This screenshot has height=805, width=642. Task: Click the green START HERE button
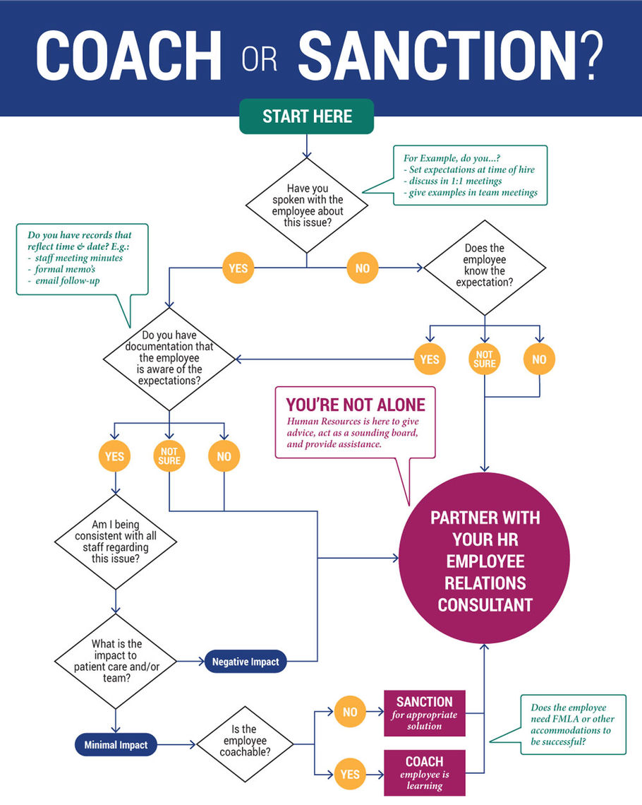click(x=307, y=117)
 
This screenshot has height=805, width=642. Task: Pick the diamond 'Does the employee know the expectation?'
click(x=484, y=266)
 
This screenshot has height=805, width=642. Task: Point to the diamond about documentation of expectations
click(x=169, y=359)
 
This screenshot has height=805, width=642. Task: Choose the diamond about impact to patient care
click(x=115, y=661)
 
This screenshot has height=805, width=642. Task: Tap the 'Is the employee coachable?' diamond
click(x=244, y=744)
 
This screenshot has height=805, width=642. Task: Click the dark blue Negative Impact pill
click(x=246, y=662)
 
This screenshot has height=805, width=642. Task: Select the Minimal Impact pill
click(x=116, y=744)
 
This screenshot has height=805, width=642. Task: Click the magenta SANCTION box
click(x=424, y=713)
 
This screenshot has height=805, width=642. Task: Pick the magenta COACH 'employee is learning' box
click(x=424, y=773)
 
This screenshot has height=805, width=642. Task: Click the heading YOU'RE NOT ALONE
click(x=355, y=405)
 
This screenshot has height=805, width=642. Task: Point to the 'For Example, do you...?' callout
click(x=470, y=175)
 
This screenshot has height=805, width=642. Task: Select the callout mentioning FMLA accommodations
click(x=572, y=723)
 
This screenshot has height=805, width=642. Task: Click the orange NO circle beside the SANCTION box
click(x=350, y=712)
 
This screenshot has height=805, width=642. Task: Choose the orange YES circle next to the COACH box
click(x=350, y=774)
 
